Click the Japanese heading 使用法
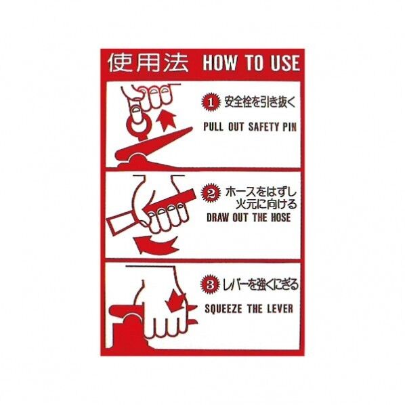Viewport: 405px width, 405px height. click(x=148, y=63)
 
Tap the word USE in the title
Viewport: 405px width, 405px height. click(x=285, y=63)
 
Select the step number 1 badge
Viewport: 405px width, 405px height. click(x=211, y=102)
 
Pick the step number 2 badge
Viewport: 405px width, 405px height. click(x=211, y=193)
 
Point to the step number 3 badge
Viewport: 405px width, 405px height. click(x=210, y=284)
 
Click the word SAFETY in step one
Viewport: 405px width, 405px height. click(x=260, y=127)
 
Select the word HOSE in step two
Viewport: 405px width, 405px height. click(x=280, y=217)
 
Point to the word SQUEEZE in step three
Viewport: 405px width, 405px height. click(x=223, y=309)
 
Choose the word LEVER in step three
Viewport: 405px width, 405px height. click(x=280, y=309)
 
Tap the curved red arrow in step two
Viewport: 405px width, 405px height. click(x=156, y=245)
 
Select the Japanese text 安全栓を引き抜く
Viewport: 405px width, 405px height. click(x=260, y=102)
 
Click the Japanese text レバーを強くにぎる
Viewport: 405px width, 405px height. click(x=260, y=284)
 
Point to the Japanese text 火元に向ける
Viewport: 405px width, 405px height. click(x=266, y=205)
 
